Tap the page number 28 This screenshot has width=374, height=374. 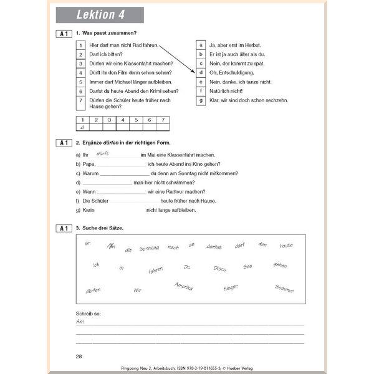[x=79, y=356]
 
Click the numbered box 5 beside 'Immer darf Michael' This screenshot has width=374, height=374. [x=80, y=82]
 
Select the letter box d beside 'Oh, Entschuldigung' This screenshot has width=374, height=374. [x=201, y=73]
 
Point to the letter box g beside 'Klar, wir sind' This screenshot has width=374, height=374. [x=201, y=100]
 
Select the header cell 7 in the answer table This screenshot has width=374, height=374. [x=163, y=120]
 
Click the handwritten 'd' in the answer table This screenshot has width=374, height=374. [x=82, y=127]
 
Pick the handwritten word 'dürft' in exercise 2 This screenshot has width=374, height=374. [x=103, y=153]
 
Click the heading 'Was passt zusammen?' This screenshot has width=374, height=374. [x=108, y=33]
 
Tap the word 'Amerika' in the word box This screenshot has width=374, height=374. [x=183, y=285]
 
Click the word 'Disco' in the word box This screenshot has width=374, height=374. [x=219, y=269]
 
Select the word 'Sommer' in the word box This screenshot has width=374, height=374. [x=284, y=289]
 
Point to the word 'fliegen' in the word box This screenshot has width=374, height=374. [x=231, y=287]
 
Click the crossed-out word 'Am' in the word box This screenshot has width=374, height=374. [x=112, y=246]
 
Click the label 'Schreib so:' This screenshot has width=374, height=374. [x=89, y=313]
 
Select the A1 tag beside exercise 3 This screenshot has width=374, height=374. [x=63, y=228]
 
